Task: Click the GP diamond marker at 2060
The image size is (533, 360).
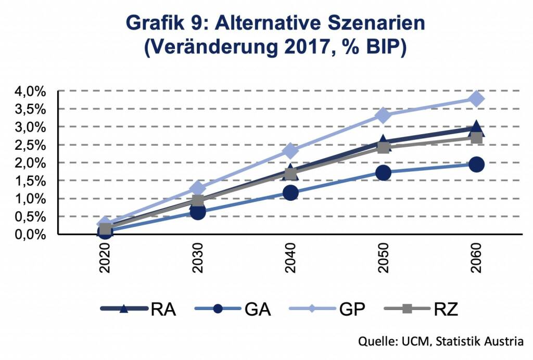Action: pos(476,99)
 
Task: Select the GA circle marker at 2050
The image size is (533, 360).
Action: pos(383,173)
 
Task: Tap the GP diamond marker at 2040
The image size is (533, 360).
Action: pos(290,151)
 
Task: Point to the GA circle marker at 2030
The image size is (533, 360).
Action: pos(198,212)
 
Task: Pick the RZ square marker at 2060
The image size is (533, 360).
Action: pos(476,138)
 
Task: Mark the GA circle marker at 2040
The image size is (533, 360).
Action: pos(290,193)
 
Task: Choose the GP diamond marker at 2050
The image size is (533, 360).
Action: pos(383,115)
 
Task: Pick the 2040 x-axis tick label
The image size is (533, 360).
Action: pos(290,259)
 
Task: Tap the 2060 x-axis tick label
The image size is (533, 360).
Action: pos(476,259)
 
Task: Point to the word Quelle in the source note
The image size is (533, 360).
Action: pos(375,341)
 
